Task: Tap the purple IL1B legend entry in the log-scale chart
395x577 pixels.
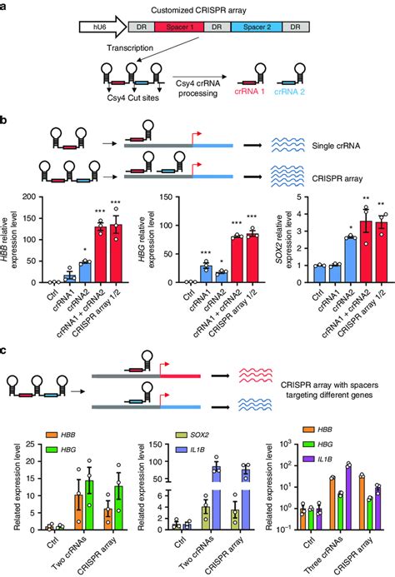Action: coord(333,459)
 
